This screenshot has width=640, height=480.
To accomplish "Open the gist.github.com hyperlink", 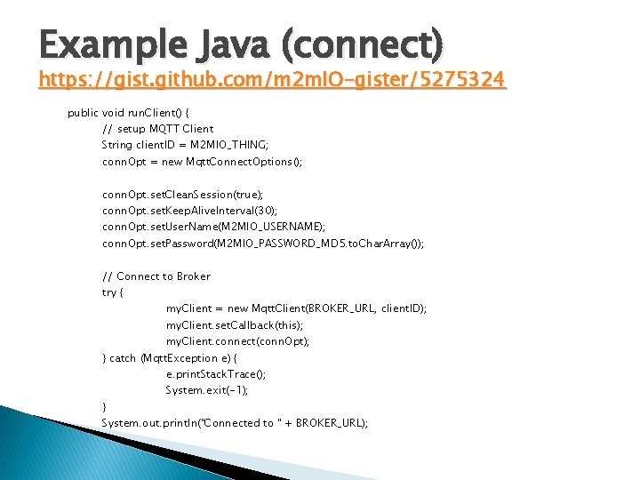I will tap(272, 81).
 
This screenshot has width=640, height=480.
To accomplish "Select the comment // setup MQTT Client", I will tap(158, 129).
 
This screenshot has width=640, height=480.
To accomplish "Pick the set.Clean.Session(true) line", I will tap(188, 195).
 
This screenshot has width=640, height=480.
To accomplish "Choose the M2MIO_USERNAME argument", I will tap(279, 228).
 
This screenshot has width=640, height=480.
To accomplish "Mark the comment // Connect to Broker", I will tap(156, 276).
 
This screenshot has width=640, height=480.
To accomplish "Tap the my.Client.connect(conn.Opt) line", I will tap(238, 341).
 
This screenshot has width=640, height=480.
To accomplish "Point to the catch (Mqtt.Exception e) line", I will tap(164, 358).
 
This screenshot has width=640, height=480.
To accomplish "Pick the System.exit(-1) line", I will tap(207, 390).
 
